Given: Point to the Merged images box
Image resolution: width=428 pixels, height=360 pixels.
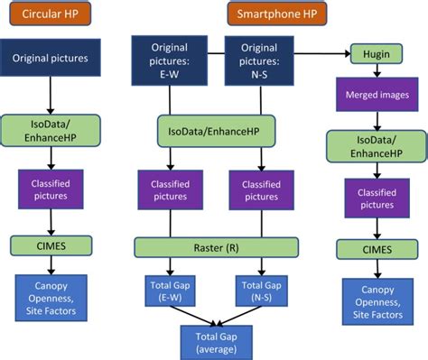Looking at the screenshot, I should pos(374,94).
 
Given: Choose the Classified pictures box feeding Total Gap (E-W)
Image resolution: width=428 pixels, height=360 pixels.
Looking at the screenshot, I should pos(170,191).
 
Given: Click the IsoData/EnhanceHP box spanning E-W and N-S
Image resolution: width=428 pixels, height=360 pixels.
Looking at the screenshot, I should pos(216,132).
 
